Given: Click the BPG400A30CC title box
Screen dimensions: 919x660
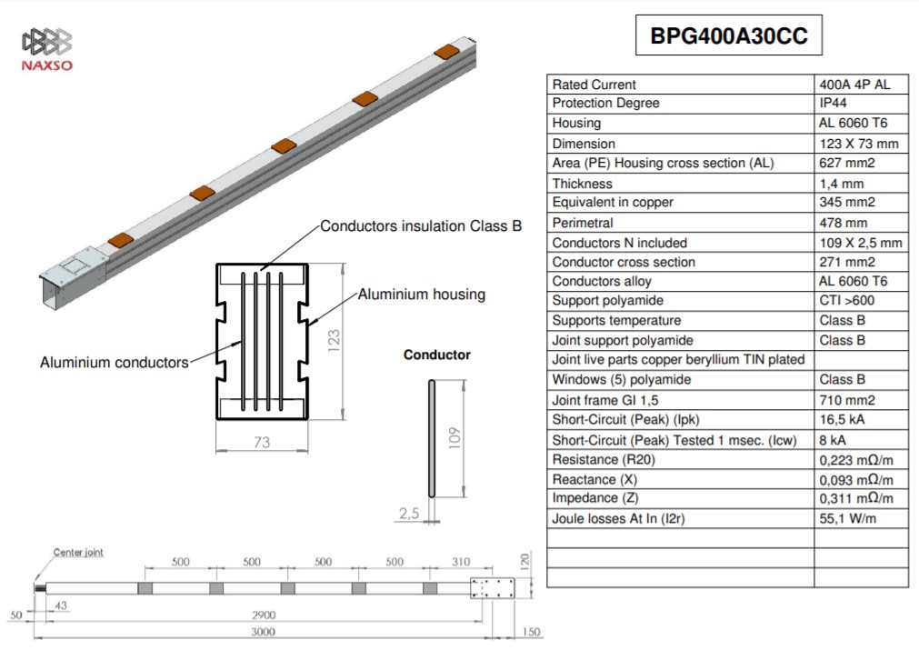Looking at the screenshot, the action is [728, 35].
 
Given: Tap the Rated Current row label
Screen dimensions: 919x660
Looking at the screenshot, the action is [594, 85].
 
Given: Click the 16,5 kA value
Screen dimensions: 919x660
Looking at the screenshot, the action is [842, 420].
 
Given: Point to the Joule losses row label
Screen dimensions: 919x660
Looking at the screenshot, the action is [618, 518].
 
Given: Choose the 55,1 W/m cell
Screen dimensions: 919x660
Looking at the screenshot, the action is [847, 518].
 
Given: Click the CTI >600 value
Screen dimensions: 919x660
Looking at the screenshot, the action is [847, 301].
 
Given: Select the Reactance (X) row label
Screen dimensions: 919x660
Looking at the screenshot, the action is [594, 479].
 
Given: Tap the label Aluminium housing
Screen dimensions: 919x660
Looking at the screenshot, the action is [422, 295].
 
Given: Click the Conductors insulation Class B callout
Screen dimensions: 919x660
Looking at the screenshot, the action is [421, 226].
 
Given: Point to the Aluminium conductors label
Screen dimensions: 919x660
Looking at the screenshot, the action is [115, 362].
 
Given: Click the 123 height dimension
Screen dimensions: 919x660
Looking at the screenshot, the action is [334, 341].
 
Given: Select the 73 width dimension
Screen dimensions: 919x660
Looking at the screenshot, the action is [262, 442].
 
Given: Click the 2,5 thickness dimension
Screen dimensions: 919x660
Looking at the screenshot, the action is [409, 514].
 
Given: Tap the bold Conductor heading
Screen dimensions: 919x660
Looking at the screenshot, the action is [436, 355].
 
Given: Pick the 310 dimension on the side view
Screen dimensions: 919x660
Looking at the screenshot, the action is [461, 562].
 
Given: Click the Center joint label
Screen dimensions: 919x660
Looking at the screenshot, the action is [78, 552].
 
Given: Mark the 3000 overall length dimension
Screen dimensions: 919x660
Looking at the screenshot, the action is [264, 632].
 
